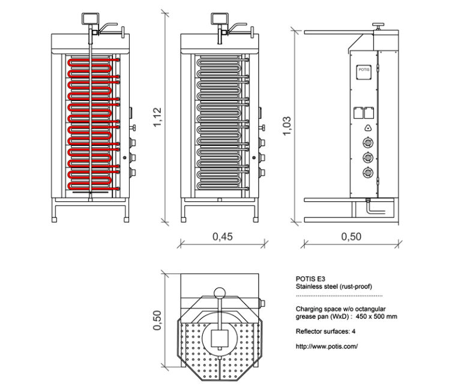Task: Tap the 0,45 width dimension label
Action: click(x=223, y=237)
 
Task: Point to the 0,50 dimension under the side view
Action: click(x=351, y=237)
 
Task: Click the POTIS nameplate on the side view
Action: click(x=364, y=70)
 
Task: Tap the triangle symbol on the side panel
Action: click(x=367, y=128)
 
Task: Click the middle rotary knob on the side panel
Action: click(x=367, y=158)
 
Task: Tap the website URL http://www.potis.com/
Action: click(x=327, y=347)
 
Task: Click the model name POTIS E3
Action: click(x=310, y=279)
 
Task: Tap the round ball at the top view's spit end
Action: click(x=220, y=293)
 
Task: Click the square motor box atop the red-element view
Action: click(x=91, y=19)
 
